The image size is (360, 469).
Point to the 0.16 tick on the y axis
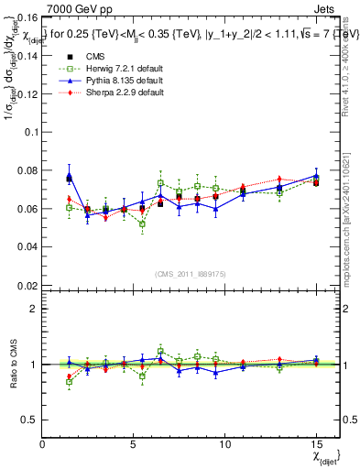tap(27, 17)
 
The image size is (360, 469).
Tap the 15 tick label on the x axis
tap(316, 443)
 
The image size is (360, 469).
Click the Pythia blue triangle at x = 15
tap(316, 175)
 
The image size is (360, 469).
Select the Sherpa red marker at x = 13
tap(279, 179)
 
